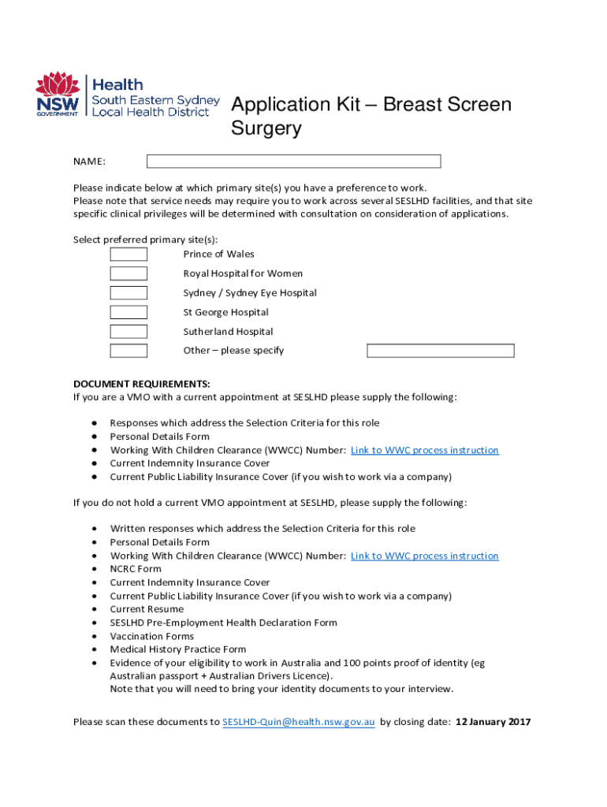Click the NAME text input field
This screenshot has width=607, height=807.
tap(293, 162)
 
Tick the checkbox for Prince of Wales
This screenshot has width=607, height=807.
tap(128, 255)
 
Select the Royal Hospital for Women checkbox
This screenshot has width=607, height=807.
tap(128, 273)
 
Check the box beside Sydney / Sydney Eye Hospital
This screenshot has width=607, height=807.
tap(128, 293)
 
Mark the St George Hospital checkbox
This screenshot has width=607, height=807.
tap(128, 312)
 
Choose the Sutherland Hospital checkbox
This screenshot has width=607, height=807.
tap(128, 332)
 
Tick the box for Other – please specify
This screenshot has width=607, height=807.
tap(128, 351)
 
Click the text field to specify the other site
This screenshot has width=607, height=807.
tap(441, 351)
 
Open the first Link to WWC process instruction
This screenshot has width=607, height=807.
tap(424, 450)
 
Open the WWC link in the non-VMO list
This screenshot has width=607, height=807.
tap(424, 556)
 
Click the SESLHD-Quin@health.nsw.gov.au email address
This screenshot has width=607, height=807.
tap(298, 722)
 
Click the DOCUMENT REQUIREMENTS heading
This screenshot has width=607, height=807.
tap(142, 384)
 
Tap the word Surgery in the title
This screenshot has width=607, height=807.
tap(266, 128)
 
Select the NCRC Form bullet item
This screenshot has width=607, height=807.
tap(136, 569)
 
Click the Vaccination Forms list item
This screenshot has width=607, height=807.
tap(151, 636)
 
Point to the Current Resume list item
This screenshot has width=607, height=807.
tap(147, 609)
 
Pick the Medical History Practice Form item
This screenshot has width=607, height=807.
tap(178, 649)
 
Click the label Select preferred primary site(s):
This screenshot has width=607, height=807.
tap(146, 240)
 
